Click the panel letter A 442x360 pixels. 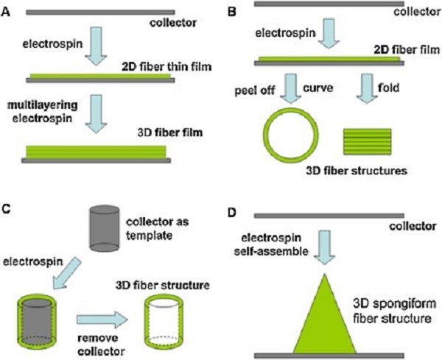click(6, 12)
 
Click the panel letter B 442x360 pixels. click(231, 12)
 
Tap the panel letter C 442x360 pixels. click(7, 209)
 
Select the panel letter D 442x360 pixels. click(232, 213)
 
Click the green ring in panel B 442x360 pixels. click(264, 135)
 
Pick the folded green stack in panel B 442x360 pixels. click(367, 141)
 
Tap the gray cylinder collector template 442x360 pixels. click(105, 228)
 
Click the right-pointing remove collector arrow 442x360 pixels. click(102, 320)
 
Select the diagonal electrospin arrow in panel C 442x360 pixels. click(67, 274)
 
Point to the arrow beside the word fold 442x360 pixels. click(366, 88)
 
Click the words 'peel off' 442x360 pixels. click(255, 91)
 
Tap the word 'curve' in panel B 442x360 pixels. click(318, 88)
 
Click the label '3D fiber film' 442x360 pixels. click(170, 132)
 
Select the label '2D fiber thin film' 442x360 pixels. click(166, 67)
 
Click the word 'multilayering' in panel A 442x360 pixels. click(42, 105)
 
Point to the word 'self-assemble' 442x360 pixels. click(271, 251)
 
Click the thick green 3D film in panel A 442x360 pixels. click(96, 152)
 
